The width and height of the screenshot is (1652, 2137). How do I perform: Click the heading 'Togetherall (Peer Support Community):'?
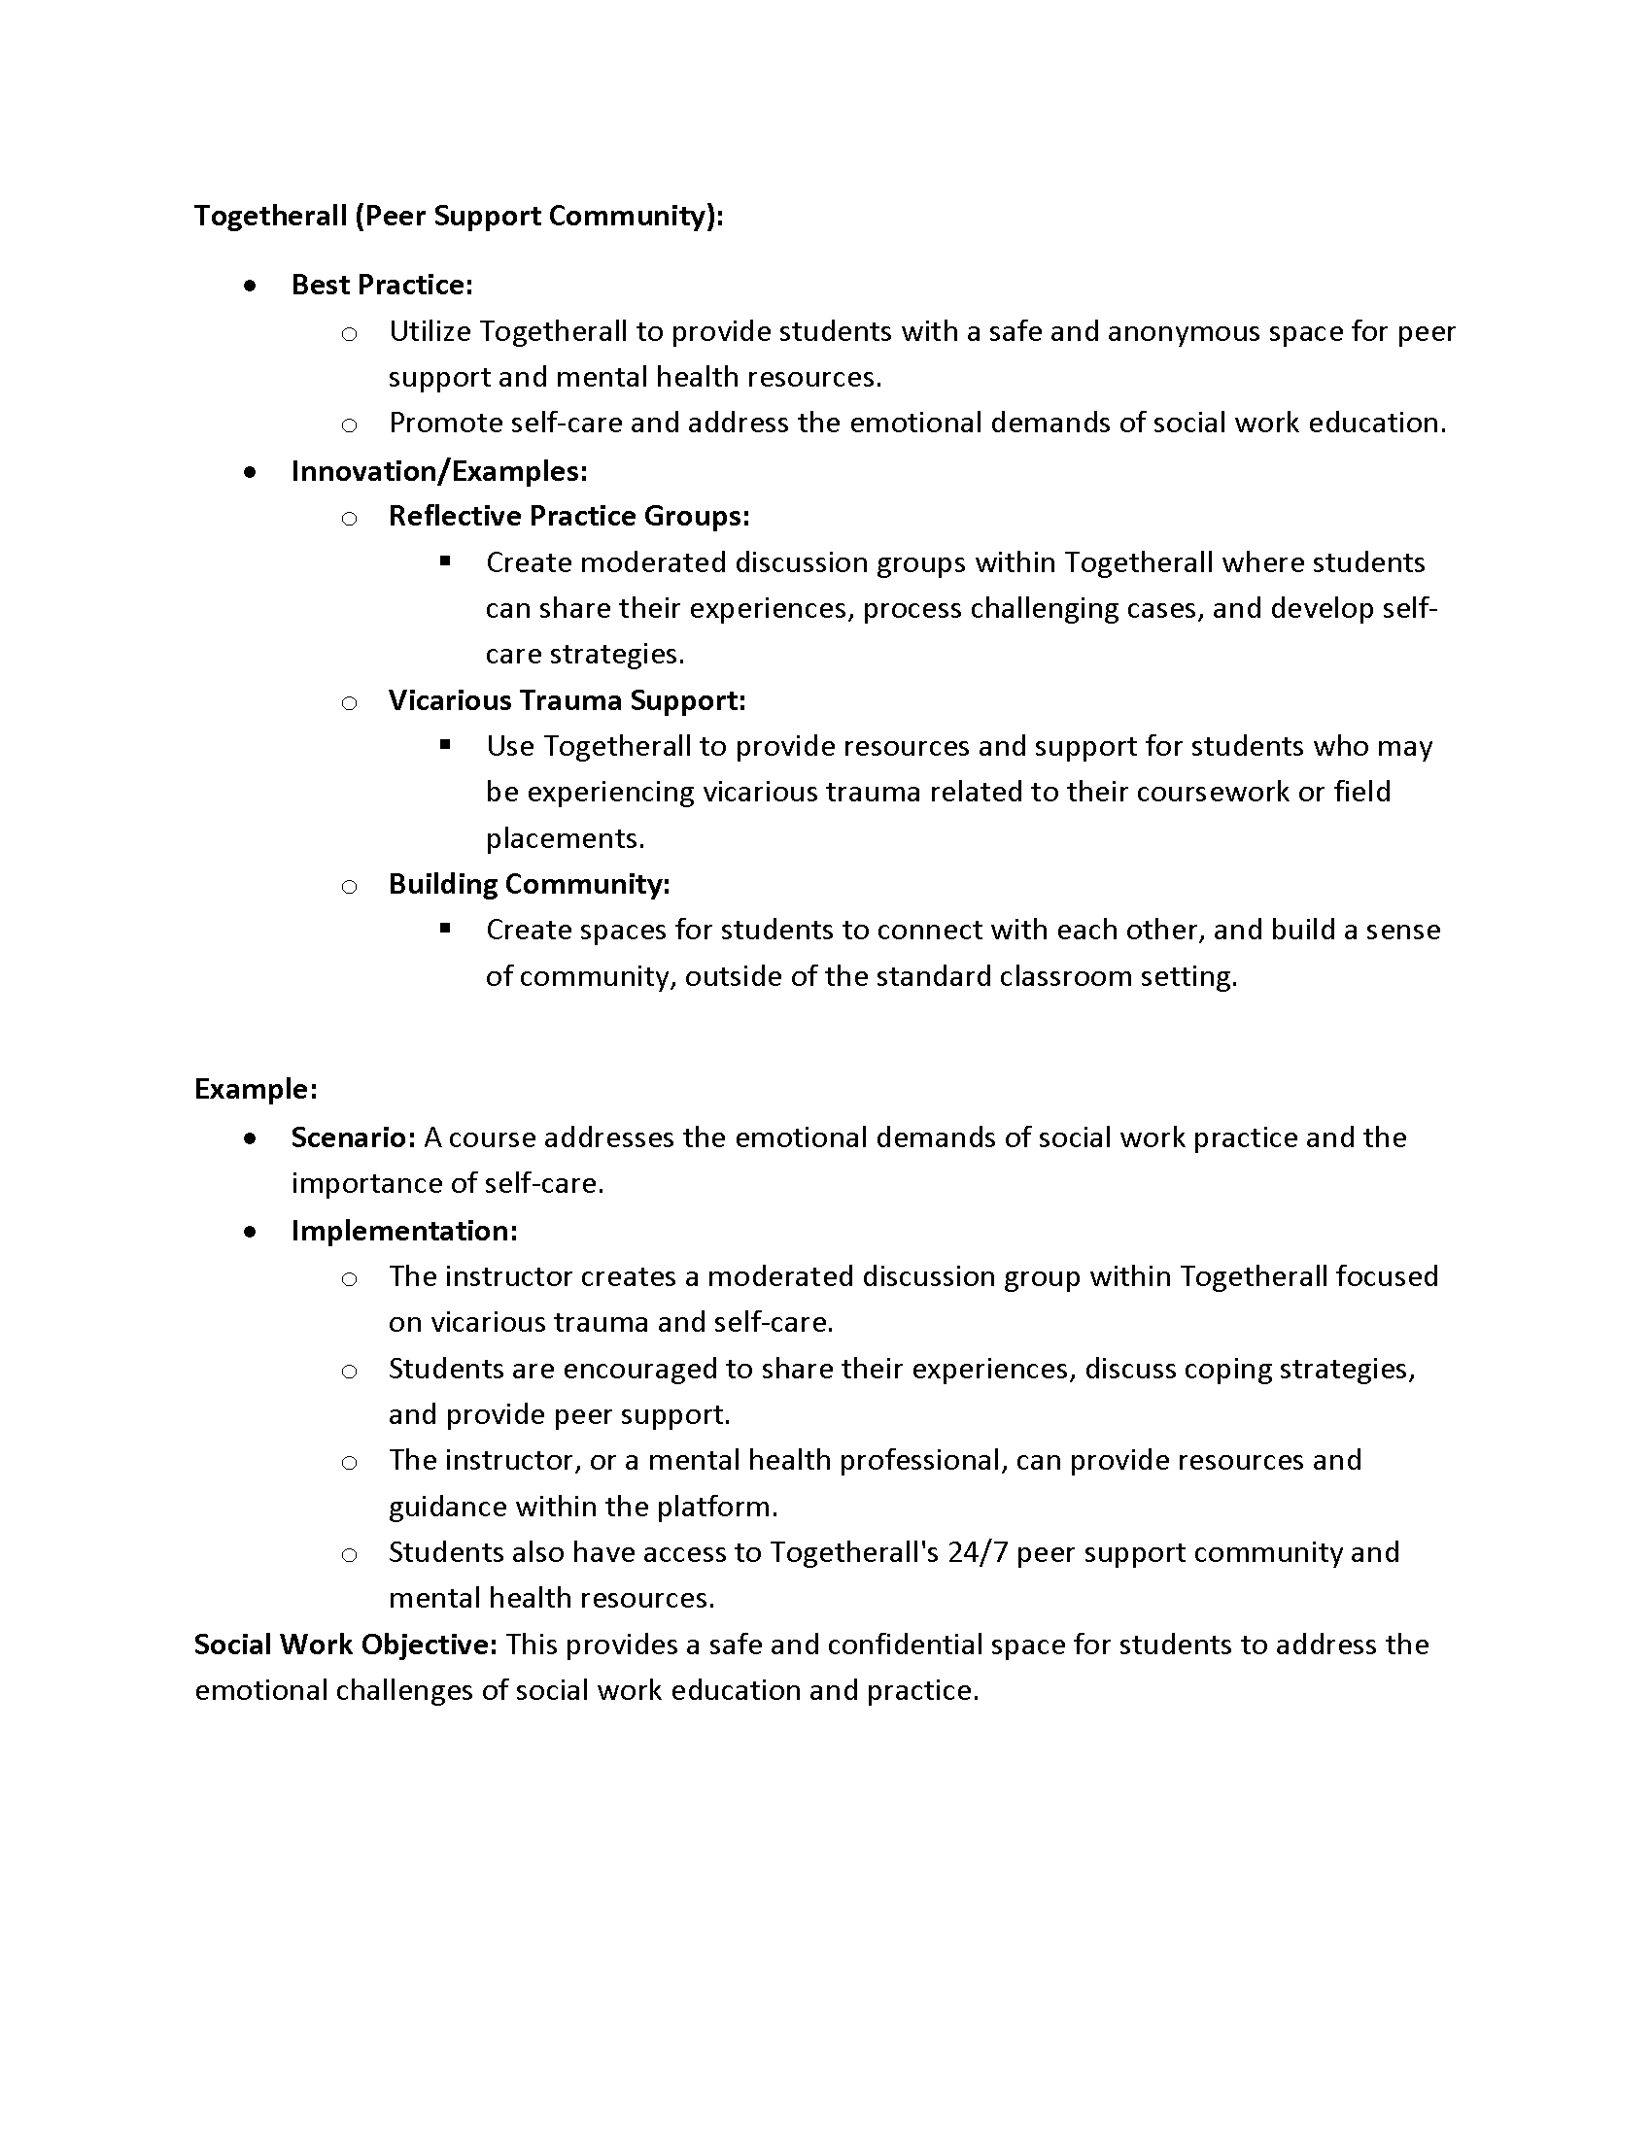coord(458,216)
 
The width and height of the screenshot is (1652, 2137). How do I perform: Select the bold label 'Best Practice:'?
coord(382,285)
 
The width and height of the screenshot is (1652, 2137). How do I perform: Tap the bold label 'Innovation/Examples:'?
coord(438,472)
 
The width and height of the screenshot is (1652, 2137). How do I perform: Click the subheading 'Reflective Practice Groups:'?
coord(568,517)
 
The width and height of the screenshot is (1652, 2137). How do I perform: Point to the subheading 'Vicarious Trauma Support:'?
coord(567,700)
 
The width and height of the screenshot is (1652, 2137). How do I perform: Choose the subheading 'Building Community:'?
coord(529,885)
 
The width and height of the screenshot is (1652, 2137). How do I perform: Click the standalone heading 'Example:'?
coord(256,1089)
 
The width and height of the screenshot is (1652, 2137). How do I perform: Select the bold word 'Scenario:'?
coord(354,1138)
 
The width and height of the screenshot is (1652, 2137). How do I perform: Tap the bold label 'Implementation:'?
coord(403,1231)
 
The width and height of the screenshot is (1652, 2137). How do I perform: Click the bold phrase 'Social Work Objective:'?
coord(346,1645)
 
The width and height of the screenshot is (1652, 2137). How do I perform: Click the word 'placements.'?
coord(565,838)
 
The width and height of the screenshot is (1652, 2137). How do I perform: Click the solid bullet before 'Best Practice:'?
coord(252,286)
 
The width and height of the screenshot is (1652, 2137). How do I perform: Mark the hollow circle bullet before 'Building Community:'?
coord(350,887)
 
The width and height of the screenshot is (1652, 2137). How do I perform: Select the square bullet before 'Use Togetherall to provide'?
coord(446,746)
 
